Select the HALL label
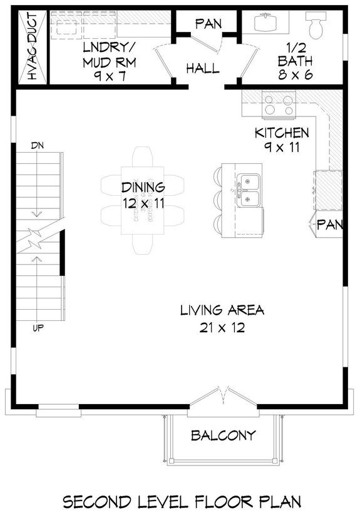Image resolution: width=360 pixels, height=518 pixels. pos(203,68)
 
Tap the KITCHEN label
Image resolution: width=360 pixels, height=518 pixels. pos(281,133)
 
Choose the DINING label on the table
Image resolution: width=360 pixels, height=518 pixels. pos(143,187)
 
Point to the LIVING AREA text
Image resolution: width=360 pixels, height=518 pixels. pos(222,310)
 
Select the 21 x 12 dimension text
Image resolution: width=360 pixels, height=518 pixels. pos(222,327)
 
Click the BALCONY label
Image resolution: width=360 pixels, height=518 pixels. pos(223,435)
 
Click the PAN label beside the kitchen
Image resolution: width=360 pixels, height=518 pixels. pos(329,225)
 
